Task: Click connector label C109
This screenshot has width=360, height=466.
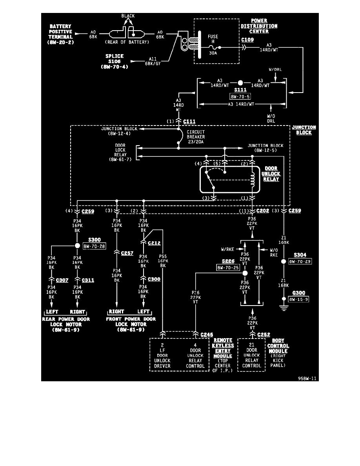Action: [x=247, y=40]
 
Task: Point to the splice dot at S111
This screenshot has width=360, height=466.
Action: [x=240, y=83]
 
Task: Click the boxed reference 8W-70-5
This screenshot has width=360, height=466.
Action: [x=240, y=95]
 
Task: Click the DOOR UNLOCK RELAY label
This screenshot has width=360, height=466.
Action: [x=271, y=174]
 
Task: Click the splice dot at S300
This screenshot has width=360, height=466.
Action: [x=78, y=246]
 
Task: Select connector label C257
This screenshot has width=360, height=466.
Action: [x=127, y=253]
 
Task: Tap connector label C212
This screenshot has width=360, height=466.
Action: [x=154, y=243]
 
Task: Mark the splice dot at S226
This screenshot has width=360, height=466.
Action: [x=245, y=273]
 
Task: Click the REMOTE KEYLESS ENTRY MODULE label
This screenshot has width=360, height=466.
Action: [x=223, y=348]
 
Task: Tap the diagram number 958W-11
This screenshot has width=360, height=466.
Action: [x=307, y=379]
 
